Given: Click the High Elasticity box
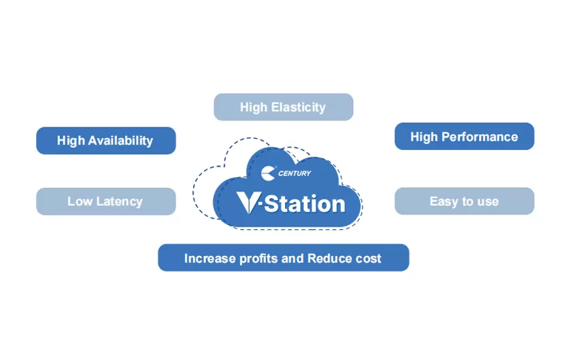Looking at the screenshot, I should coord(283,107).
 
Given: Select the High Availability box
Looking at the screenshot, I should coord(105,141).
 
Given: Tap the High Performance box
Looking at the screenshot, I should coord(464,137).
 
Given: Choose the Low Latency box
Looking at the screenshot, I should coord(105,201).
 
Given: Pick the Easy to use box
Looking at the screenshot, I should coord(464,201).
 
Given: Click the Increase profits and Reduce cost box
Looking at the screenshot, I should coord(283,258).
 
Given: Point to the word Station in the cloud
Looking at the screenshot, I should coord(305,203).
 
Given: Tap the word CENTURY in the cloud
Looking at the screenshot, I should coord(295,174).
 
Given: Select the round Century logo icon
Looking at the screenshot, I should coord(269,173).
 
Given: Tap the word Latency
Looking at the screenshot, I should coord(118,201).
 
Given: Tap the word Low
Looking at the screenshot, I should coord(79,201).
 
